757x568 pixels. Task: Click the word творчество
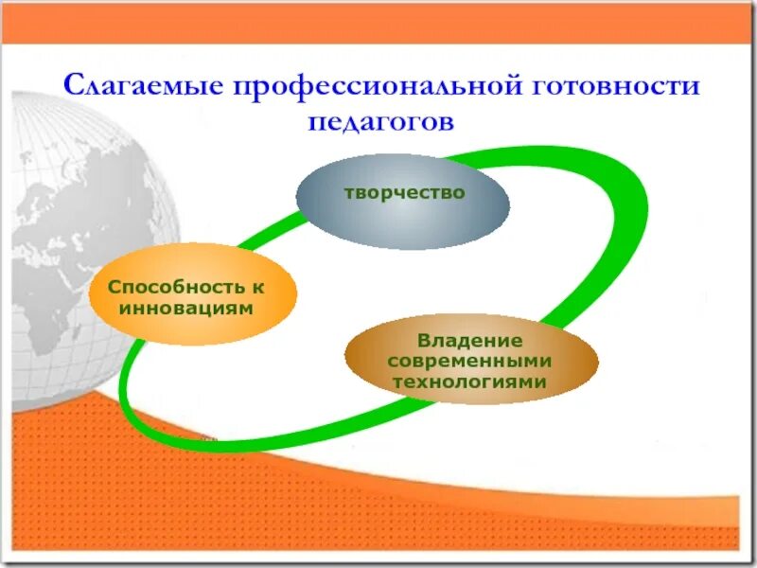pyautogui.click(x=403, y=192)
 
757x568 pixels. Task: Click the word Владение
pyautogui.click(x=470, y=340)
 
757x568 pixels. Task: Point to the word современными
pyautogui.click(x=470, y=362)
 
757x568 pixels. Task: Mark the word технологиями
pyautogui.click(x=470, y=382)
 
